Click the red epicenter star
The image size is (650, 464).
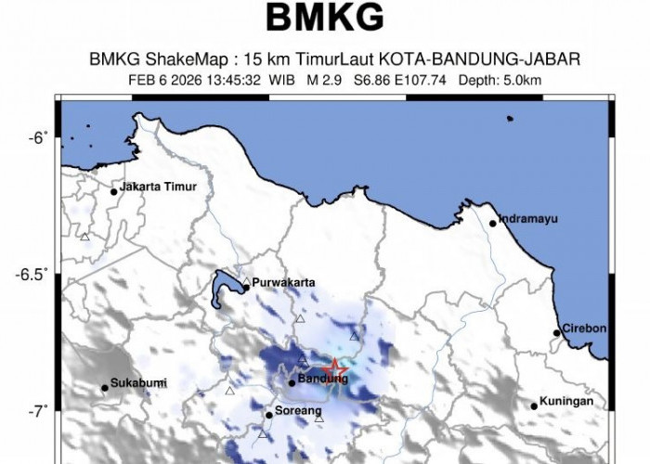336,370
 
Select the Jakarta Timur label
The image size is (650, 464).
159,187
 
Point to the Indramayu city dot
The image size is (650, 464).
493,223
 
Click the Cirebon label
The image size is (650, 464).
585,329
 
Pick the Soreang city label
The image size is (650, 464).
298,410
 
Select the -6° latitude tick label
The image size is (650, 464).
37,138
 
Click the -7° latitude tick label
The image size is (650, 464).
37,410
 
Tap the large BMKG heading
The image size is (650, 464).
325,18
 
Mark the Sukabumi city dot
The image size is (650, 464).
105,388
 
